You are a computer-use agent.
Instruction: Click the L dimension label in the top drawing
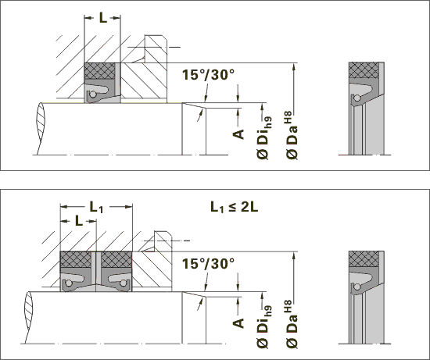pyautogui.click(x=103, y=18)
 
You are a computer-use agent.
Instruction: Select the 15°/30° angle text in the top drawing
pyautogui.click(x=209, y=74)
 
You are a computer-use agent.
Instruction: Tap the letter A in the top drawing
pyautogui.click(x=238, y=134)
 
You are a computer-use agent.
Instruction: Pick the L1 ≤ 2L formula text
pyautogui.click(x=235, y=208)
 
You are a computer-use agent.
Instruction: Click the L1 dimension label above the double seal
pyautogui.click(x=96, y=207)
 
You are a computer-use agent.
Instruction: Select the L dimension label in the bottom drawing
pyautogui.click(x=79, y=221)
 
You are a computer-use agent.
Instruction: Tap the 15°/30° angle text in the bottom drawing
pyautogui.click(x=209, y=264)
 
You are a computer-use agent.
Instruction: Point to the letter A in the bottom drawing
pyautogui.click(x=238, y=323)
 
